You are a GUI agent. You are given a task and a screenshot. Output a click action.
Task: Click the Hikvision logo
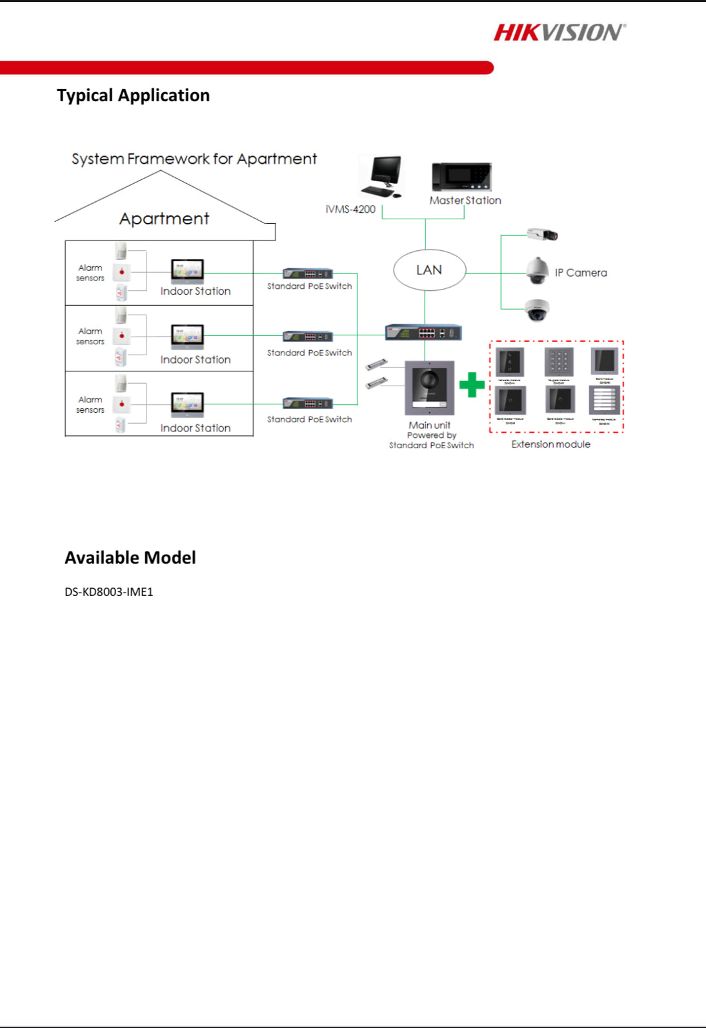coord(560,32)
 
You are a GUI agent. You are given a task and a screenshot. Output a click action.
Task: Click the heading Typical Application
coord(133,95)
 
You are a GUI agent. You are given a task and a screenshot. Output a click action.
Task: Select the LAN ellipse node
coord(429,270)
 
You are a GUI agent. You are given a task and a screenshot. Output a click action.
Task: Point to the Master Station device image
coord(462,177)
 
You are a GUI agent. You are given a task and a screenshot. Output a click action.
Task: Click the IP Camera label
coord(581,273)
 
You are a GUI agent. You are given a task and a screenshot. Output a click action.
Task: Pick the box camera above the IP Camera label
coord(541,235)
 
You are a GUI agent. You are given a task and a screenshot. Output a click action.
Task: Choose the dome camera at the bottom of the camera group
coord(537,310)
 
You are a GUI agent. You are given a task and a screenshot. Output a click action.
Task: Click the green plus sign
coord(472,385)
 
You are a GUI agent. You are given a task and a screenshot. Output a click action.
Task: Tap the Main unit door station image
coord(430,388)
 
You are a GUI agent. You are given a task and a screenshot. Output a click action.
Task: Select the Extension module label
coord(550,444)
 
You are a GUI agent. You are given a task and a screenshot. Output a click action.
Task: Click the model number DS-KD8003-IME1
coord(109,592)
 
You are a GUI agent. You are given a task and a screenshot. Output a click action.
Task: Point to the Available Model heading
coord(130,558)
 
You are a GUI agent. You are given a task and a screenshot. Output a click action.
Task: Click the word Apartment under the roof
coord(164,219)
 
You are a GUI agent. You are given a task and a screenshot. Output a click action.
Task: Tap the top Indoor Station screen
coord(187,271)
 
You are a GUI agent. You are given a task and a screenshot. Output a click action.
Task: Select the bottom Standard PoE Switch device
coord(308,404)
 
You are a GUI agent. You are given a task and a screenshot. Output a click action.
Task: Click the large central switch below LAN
coord(423,333)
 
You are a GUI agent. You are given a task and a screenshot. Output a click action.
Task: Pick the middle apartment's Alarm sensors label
coord(90,336)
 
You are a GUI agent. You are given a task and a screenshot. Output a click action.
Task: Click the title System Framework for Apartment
coord(194,159)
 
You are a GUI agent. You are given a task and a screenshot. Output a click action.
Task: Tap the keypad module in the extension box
coord(558,361)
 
